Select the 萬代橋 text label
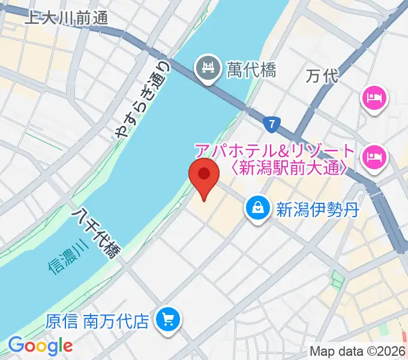[x=252, y=70]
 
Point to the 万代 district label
[x=322, y=76]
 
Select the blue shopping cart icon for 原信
[x=167, y=320]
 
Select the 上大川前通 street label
[x=66, y=18]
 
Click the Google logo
[x=40, y=346]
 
